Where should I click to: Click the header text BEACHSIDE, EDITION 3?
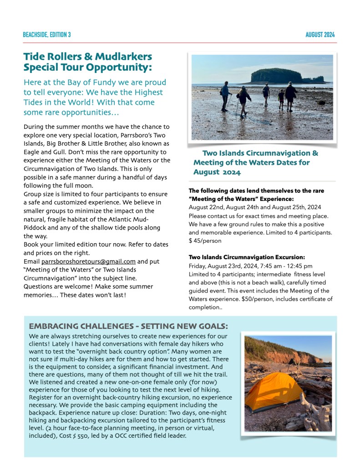(x=47, y=35)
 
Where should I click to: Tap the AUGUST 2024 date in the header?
(x=320, y=35)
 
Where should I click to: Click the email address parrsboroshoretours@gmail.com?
(x=88, y=261)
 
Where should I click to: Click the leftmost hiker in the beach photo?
(x=225, y=96)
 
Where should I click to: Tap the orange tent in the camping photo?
(x=273, y=391)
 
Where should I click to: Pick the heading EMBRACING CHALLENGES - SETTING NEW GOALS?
(x=128, y=326)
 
